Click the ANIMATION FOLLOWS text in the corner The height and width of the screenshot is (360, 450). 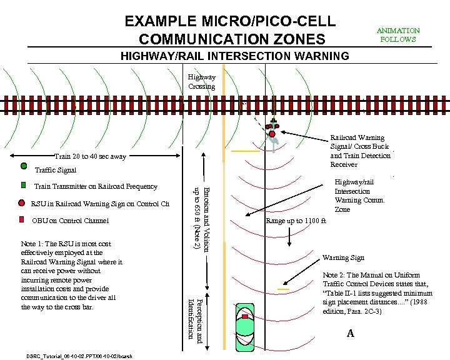coord(398,34)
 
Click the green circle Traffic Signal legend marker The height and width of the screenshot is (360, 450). coord(24,166)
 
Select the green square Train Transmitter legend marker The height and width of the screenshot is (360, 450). coord(23,185)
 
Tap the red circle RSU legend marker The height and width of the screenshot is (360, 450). coord(22,202)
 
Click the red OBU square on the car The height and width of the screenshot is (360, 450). coord(246,317)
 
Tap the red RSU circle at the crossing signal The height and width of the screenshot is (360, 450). coord(272,133)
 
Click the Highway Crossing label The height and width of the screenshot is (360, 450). coord(201,82)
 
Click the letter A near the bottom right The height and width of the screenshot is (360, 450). coord(350,334)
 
